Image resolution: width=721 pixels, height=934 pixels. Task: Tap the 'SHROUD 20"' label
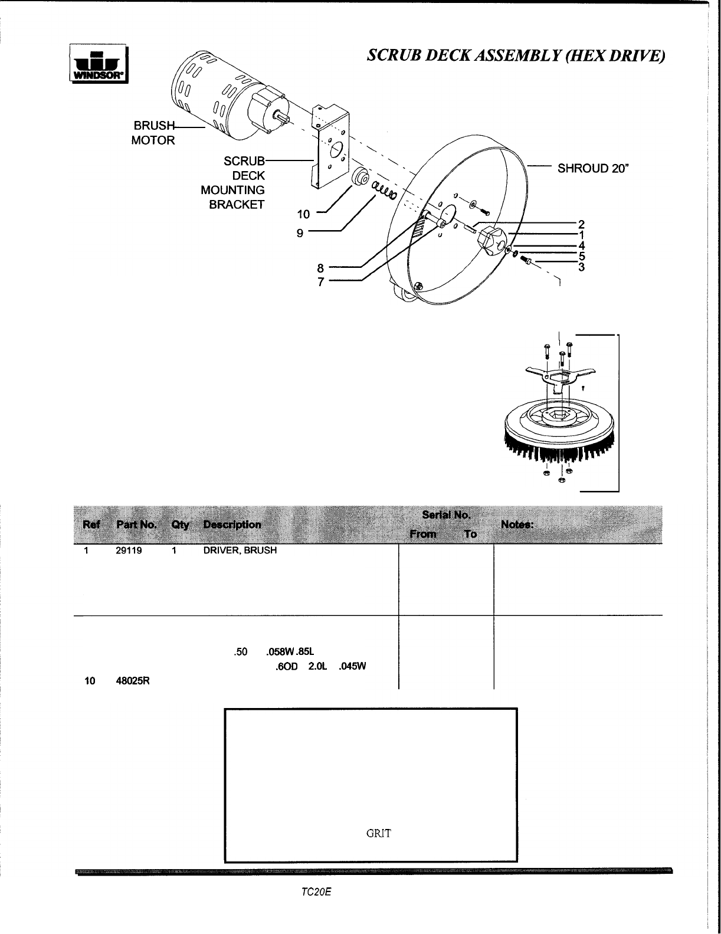coord(594,169)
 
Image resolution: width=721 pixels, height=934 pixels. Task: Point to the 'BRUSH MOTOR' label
coord(153,133)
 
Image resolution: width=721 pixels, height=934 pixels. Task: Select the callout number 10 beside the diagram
coord(303,214)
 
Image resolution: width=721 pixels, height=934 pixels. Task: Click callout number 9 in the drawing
coord(300,232)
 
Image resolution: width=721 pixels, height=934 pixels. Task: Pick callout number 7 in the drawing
coord(321,282)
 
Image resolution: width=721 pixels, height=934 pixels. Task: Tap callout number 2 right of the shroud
coord(581,224)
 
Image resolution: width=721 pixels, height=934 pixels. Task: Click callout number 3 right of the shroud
coord(581,267)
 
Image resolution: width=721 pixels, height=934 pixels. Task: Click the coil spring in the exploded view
coord(384,191)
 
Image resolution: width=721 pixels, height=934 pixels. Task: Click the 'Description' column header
coord(232,525)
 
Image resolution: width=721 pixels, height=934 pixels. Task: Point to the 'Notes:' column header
coord(517,525)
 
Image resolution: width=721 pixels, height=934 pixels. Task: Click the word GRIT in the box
coord(378,834)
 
